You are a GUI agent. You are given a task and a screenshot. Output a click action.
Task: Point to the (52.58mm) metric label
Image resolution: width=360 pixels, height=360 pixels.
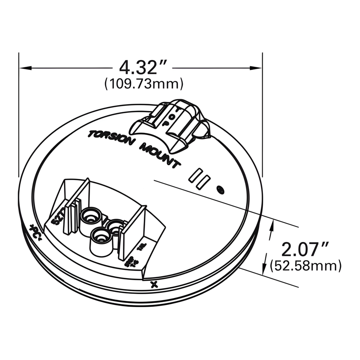click(x=306, y=266)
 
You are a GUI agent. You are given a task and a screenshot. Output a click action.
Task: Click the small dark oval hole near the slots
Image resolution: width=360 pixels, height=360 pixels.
click(x=221, y=190)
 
